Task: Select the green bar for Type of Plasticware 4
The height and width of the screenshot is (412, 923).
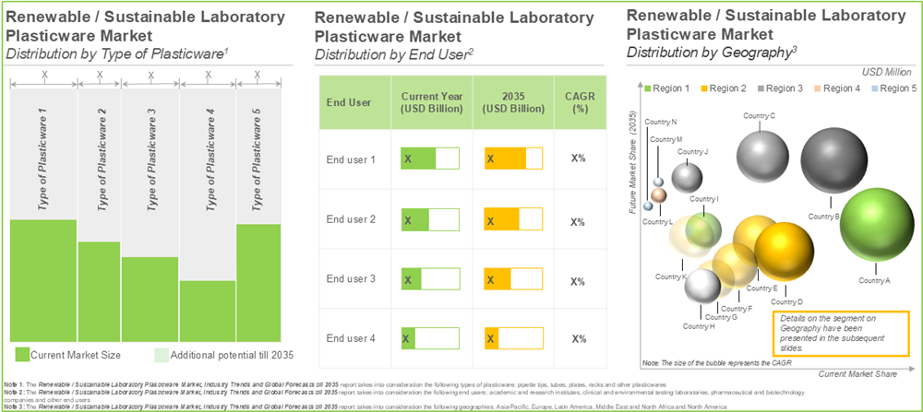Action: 208,311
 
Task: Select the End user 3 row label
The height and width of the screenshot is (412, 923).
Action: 350,279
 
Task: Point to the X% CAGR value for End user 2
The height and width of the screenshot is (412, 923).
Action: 578,221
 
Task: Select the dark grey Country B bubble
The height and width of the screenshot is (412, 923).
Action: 833,162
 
